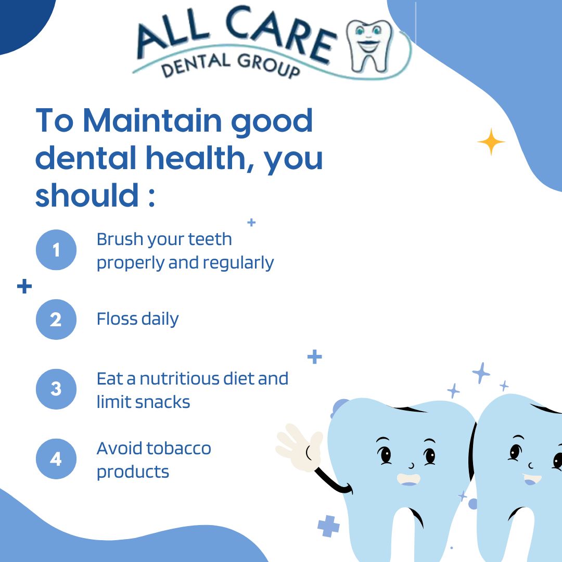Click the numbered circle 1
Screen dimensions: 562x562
[56, 250]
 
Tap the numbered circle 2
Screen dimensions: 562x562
[56, 320]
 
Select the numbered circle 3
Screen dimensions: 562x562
[56, 389]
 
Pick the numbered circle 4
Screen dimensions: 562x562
[56, 459]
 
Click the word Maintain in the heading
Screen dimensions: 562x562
[152, 121]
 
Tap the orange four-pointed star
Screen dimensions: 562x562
[491, 142]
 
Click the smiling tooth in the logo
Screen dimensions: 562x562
[369, 46]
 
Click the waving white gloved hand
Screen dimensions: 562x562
[300, 447]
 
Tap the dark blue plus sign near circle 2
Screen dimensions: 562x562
[24, 286]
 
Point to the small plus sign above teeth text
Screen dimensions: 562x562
[252, 223]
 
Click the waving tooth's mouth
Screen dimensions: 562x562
[408, 480]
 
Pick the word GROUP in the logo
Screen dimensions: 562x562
[268, 65]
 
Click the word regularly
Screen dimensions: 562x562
[238, 263]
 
